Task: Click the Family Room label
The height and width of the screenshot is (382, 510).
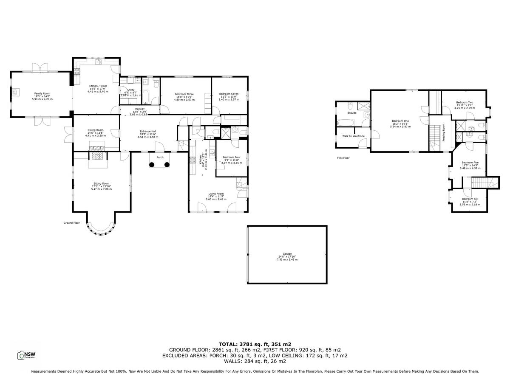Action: [42, 93]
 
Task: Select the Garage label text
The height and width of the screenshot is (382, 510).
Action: [287, 253]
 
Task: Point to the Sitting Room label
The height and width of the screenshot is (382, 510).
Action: [100, 183]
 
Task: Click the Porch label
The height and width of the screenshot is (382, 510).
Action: [160, 157]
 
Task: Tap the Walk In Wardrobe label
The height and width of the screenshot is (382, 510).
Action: [352, 136]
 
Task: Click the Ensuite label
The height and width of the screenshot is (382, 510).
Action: [352, 113]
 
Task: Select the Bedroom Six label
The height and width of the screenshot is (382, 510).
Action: [470, 199]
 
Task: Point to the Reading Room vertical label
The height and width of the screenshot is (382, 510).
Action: [443, 132]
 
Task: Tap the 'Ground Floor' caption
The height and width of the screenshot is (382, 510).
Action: [72, 222]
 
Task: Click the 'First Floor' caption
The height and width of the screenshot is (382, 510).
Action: [343, 158]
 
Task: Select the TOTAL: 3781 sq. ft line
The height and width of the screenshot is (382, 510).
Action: [255, 344]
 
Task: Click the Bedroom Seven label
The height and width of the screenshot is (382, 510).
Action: [229, 94]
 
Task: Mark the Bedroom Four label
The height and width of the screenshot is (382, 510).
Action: [232, 157]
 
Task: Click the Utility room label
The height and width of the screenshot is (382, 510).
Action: [131, 90]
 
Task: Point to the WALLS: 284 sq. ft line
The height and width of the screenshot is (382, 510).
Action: [255, 361]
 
